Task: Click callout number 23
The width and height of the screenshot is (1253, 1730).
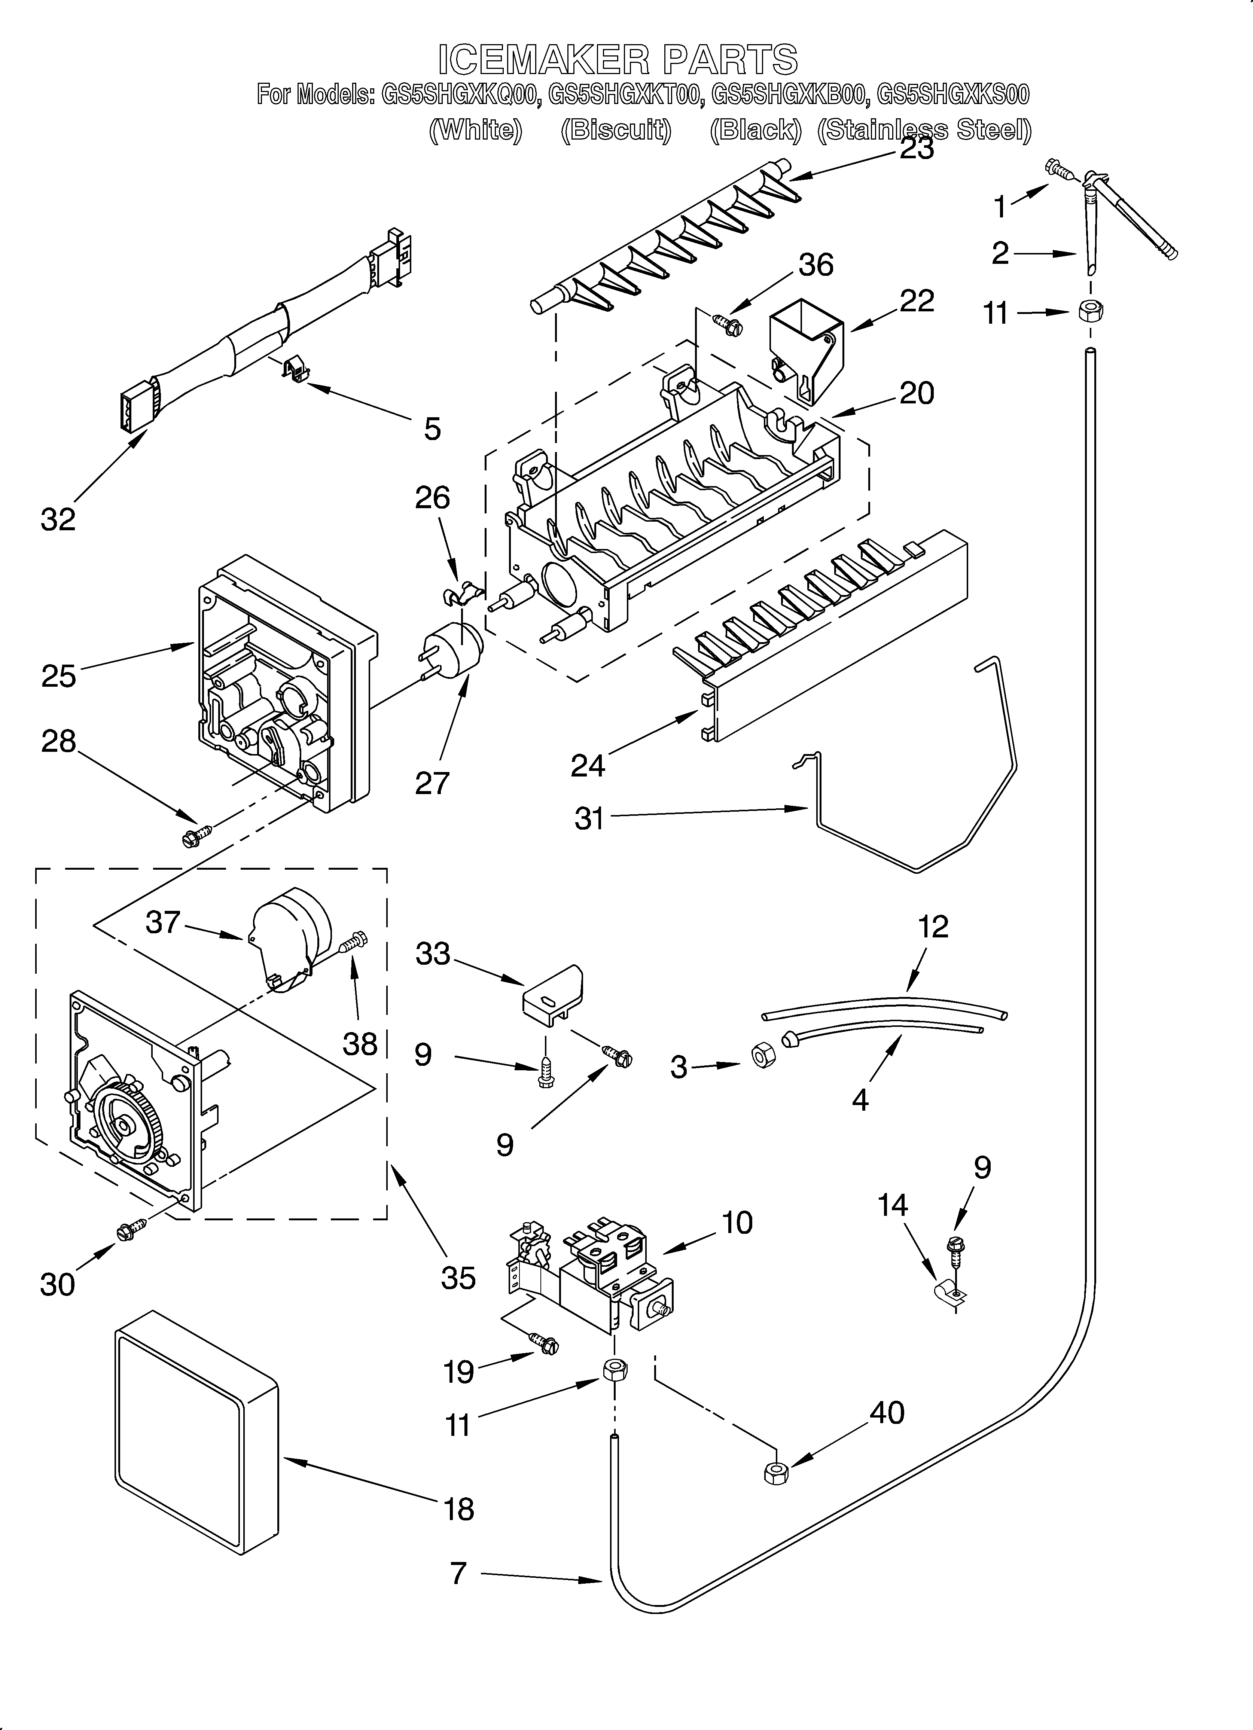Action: [x=917, y=148]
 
